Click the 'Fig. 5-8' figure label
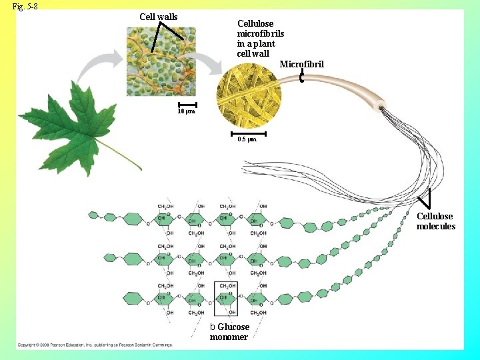[x=25, y=6]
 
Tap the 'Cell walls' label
[x=158, y=17]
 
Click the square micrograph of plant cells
[x=162, y=61]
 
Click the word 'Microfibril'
[x=301, y=64]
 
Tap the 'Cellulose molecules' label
[x=436, y=221]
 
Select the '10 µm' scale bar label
[x=186, y=111]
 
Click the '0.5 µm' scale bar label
[x=247, y=140]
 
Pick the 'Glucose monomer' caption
[x=230, y=331]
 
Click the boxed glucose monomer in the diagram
[x=225, y=298]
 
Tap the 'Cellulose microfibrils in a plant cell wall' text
[x=260, y=38]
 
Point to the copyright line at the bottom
[x=94, y=345]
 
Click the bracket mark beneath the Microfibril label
[x=302, y=79]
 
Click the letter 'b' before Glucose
[x=213, y=327]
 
